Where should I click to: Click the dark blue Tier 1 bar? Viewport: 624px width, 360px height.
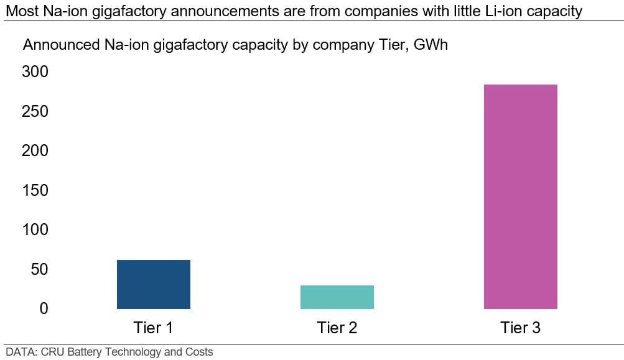click(x=153, y=284)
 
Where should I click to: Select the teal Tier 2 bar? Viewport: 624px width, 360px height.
click(x=337, y=297)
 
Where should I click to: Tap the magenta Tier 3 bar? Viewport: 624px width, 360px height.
click(x=520, y=196)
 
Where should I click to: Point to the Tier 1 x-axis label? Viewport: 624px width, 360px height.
click(x=153, y=328)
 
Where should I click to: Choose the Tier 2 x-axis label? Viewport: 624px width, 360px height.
click(x=337, y=328)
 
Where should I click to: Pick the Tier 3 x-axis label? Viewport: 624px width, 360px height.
click(x=520, y=328)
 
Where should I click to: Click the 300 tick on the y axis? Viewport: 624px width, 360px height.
click(x=35, y=72)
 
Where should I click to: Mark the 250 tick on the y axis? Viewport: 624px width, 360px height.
click(x=35, y=112)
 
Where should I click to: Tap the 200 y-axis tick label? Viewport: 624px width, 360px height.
click(x=35, y=151)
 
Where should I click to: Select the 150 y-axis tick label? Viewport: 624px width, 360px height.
click(x=35, y=190)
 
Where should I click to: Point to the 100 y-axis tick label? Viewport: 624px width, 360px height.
click(x=35, y=230)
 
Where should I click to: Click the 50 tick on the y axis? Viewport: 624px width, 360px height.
click(x=40, y=269)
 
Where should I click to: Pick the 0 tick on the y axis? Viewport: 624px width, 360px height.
click(x=44, y=308)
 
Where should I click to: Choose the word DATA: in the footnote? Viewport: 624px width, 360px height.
click(x=20, y=352)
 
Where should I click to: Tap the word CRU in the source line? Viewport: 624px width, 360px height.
click(x=50, y=352)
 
